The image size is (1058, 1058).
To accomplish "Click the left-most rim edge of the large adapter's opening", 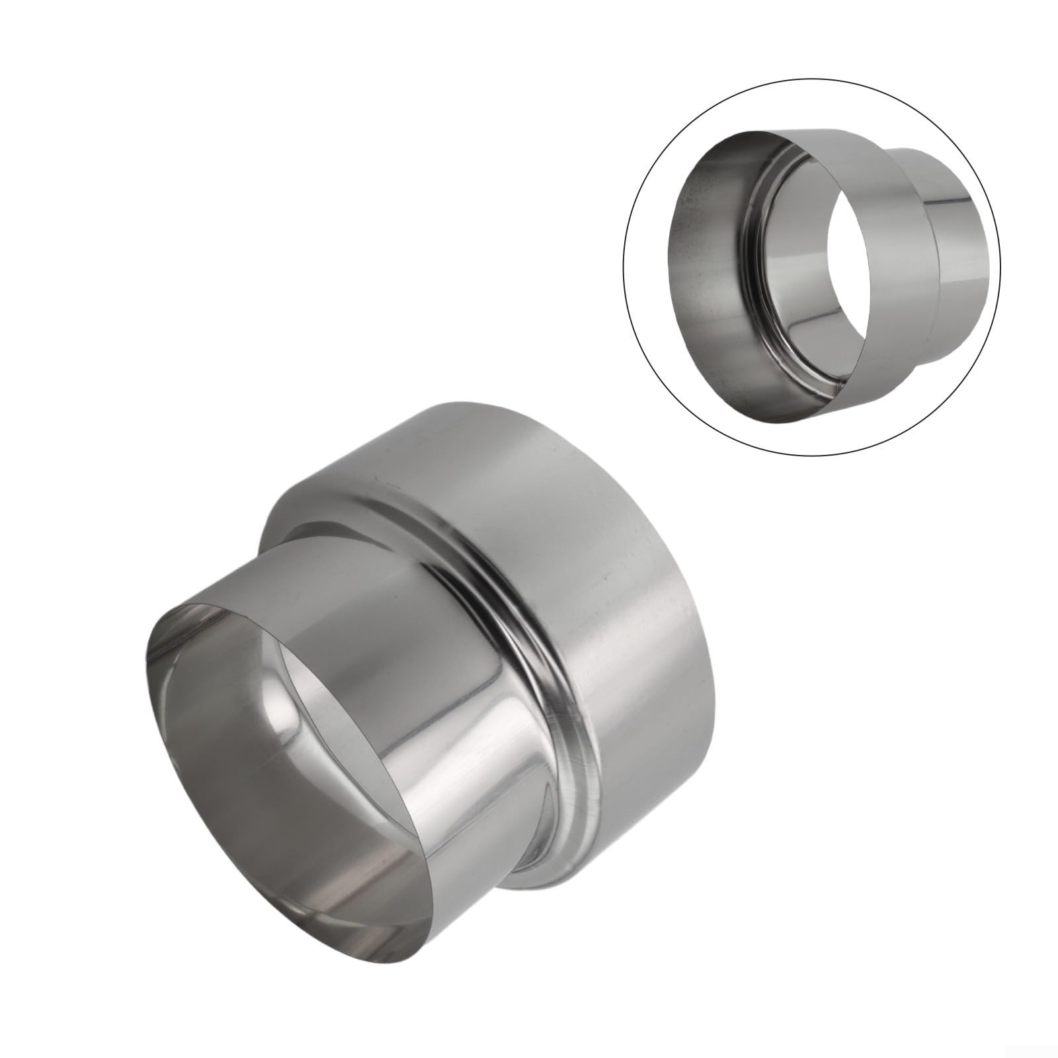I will [x=147, y=668].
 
